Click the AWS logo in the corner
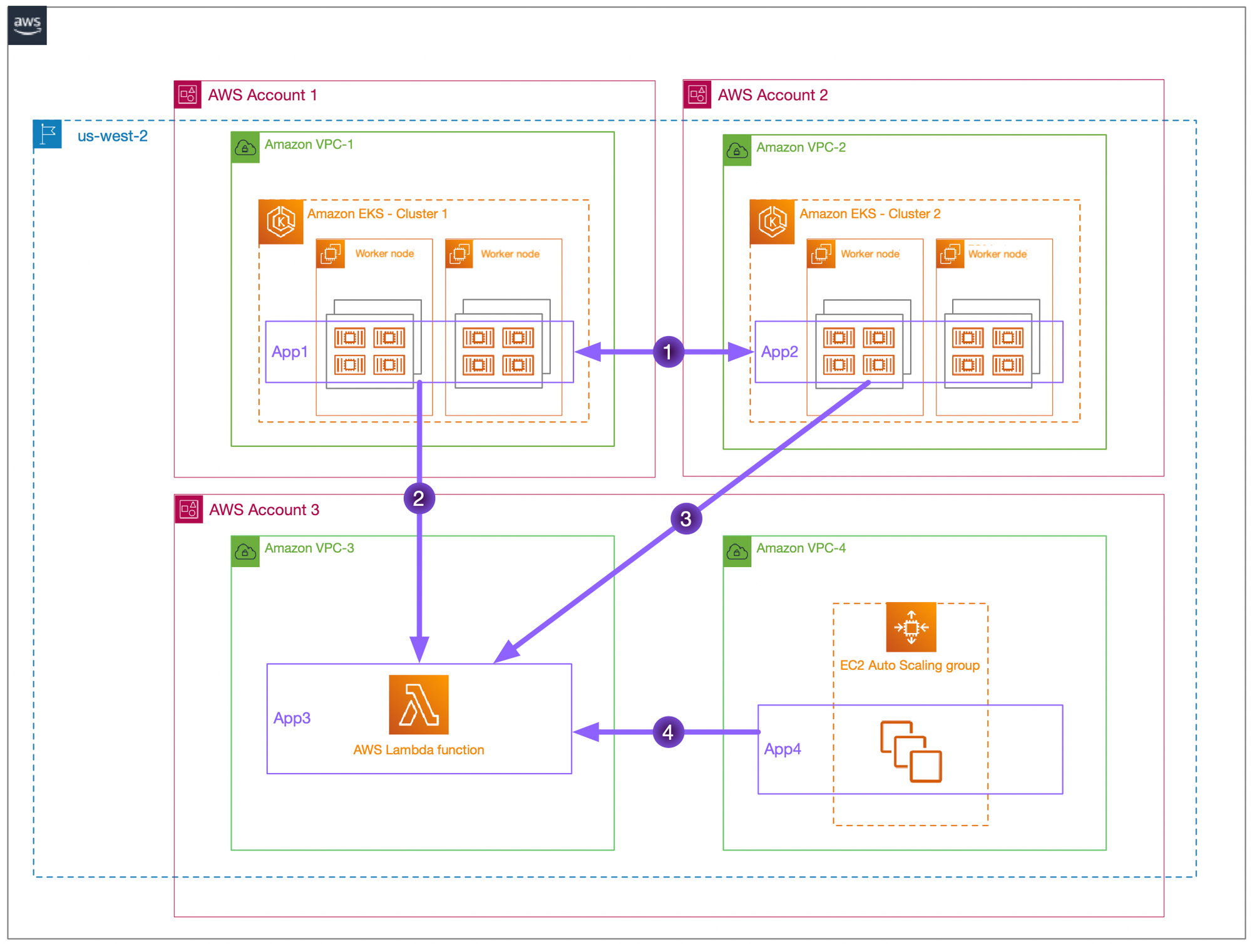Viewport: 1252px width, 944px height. pyautogui.click(x=27, y=26)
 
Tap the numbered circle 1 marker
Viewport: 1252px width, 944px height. pyautogui.click(x=668, y=352)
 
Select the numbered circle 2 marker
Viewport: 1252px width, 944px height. pyautogui.click(x=419, y=498)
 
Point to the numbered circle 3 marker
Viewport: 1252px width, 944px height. pyautogui.click(x=685, y=519)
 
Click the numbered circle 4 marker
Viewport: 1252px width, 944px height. pyautogui.click(x=668, y=732)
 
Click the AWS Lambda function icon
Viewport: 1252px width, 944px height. pyautogui.click(x=418, y=704)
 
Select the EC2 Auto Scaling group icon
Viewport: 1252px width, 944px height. pyautogui.click(x=911, y=627)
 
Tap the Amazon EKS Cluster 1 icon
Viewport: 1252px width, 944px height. pyautogui.click(x=281, y=222)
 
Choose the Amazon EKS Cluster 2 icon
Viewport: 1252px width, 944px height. pyautogui.click(x=772, y=222)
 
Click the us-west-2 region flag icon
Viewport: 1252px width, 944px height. pyautogui.click(x=48, y=134)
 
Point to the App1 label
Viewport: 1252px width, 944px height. pyautogui.click(x=289, y=352)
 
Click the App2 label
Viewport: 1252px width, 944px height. pyautogui.click(x=779, y=352)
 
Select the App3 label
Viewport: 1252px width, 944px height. pyautogui.click(x=292, y=718)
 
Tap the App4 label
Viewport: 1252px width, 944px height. pyautogui.click(x=782, y=749)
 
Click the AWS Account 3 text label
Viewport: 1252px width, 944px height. pyautogui.click(x=264, y=510)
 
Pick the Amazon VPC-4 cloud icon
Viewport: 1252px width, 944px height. pyautogui.click(x=737, y=552)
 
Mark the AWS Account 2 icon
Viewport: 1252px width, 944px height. pyautogui.click(x=697, y=95)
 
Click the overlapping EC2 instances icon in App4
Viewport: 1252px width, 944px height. pyautogui.click(x=911, y=752)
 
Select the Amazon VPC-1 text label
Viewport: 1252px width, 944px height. pyautogui.click(x=309, y=145)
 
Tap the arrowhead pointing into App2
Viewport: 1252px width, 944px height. pyautogui.click(x=741, y=352)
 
